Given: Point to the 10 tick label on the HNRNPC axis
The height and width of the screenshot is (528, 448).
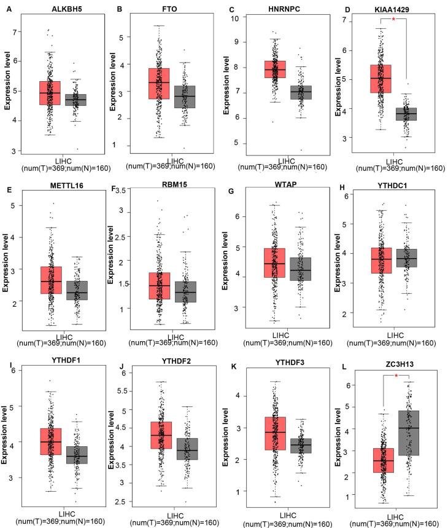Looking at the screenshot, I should [234, 17].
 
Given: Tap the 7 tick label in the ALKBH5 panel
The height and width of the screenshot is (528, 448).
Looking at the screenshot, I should [15, 31].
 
